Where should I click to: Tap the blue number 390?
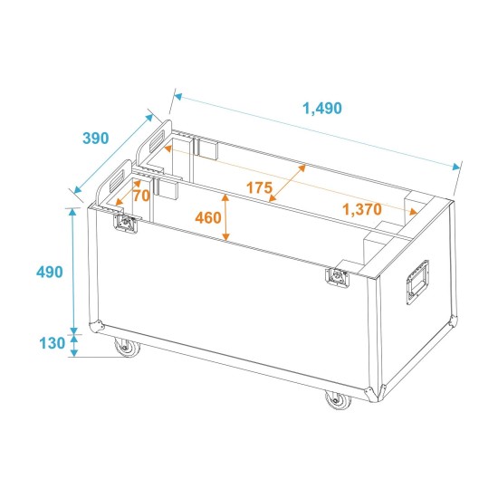tap(95, 139)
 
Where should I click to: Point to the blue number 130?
tap(52, 343)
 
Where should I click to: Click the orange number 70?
tap(141, 195)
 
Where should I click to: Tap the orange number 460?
tap(208, 217)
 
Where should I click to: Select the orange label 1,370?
tap(362, 209)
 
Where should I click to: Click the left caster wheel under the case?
tap(121, 347)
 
